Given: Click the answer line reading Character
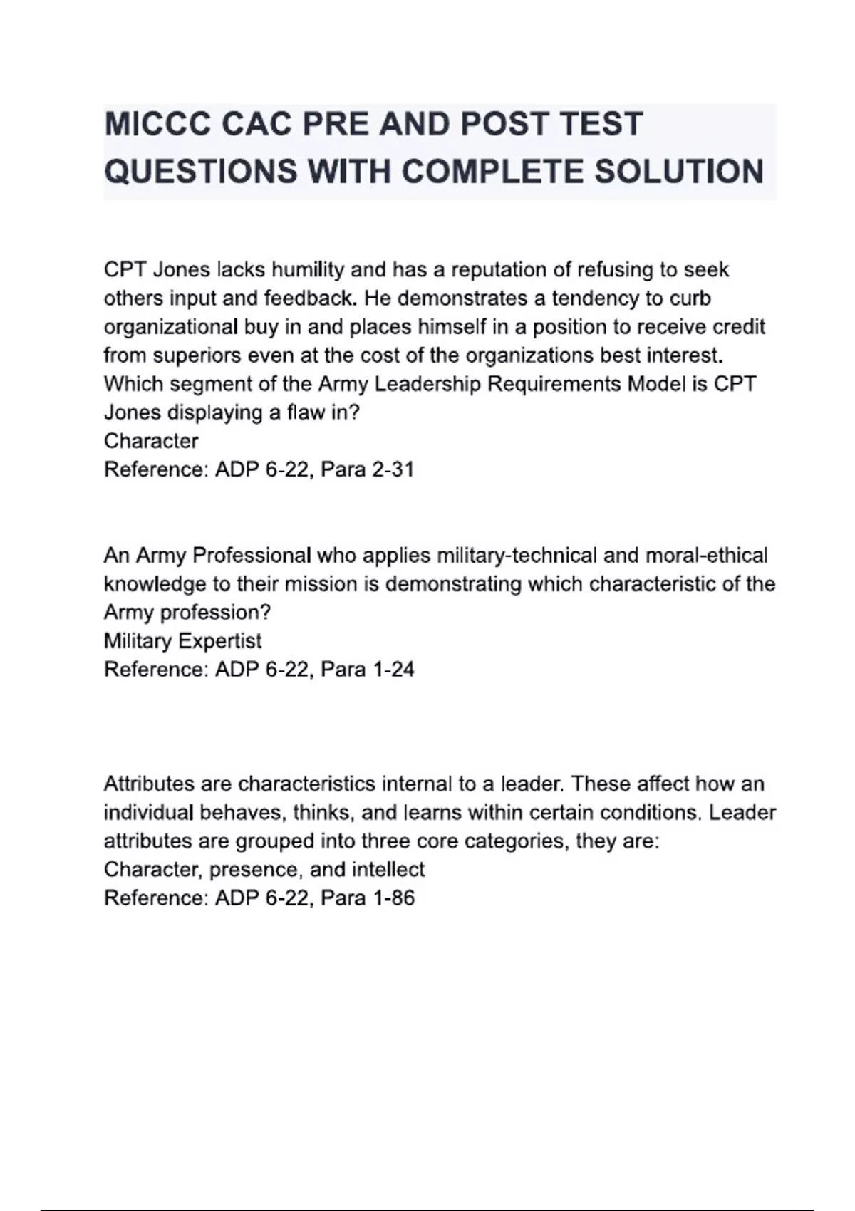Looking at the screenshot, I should tap(151, 441).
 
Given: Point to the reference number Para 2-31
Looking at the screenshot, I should tap(367, 469).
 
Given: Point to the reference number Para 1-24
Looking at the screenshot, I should tap(367, 670).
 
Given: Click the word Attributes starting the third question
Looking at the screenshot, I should tap(149, 784).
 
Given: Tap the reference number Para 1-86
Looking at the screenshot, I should tap(367, 898).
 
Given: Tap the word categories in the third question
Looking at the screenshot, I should tap(516, 841).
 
